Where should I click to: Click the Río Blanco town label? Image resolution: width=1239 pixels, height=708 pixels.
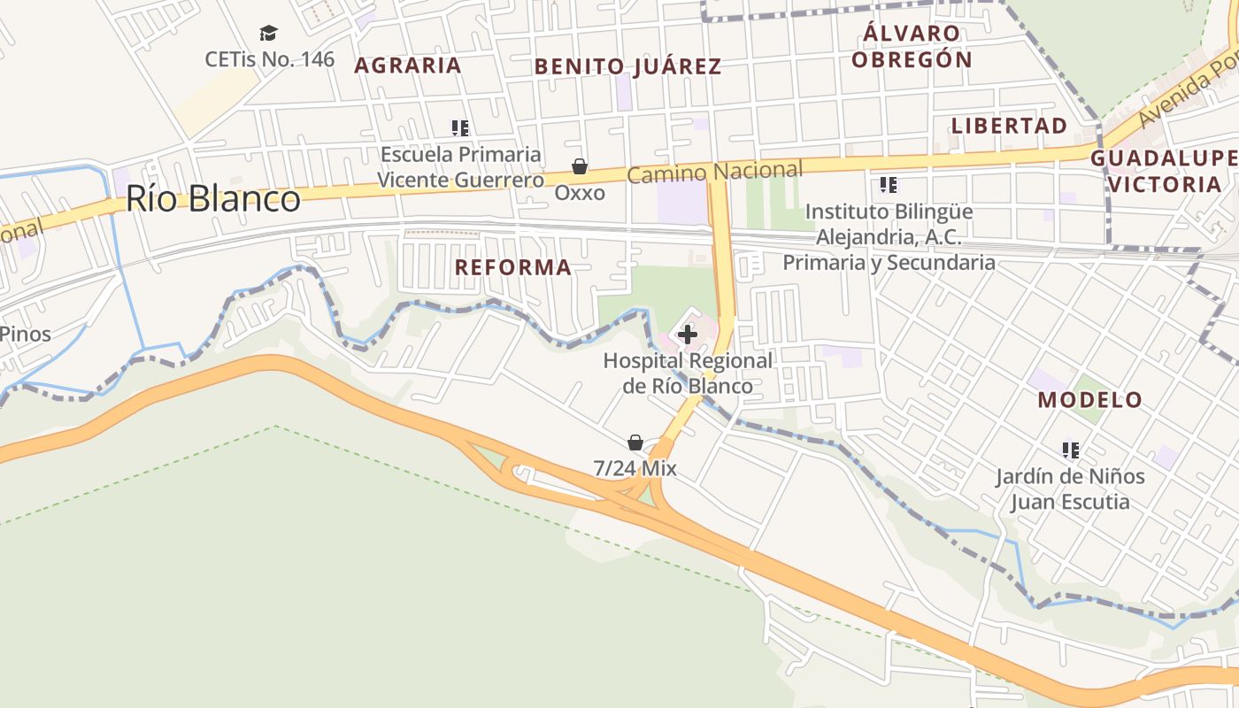click(x=212, y=199)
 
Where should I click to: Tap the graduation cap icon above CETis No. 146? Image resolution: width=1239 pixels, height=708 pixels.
click(x=268, y=34)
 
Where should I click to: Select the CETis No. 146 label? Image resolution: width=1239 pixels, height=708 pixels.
click(x=270, y=59)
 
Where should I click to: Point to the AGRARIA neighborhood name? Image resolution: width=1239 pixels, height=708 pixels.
click(x=408, y=65)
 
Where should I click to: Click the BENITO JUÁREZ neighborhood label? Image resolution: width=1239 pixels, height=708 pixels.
click(x=627, y=66)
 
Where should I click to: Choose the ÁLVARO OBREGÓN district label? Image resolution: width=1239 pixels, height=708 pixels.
click(x=917, y=47)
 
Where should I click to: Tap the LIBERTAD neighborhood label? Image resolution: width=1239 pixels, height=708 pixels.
click(x=1009, y=126)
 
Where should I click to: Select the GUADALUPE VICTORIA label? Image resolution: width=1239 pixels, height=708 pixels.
click(x=1164, y=172)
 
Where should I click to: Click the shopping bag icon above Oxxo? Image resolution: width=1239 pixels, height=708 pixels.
click(x=580, y=166)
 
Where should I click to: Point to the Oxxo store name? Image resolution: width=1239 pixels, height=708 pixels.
click(x=580, y=192)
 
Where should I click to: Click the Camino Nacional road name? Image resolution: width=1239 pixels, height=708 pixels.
click(x=715, y=171)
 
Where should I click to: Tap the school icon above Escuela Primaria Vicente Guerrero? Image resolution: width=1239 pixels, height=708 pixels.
click(x=459, y=128)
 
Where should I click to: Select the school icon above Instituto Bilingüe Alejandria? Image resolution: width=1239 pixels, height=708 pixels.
click(x=889, y=185)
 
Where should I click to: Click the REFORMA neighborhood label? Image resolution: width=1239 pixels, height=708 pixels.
click(x=513, y=267)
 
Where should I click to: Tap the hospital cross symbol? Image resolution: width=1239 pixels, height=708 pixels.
click(x=688, y=335)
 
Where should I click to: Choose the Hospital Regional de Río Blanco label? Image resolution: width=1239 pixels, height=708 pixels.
click(x=688, y=373)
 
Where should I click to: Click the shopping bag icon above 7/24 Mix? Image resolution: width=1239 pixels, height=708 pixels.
click(x=635, y=442)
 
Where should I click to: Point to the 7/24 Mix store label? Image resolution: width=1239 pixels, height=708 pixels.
click(x=635, y=468)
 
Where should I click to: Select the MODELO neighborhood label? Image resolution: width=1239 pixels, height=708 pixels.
click(x=1090, y=399)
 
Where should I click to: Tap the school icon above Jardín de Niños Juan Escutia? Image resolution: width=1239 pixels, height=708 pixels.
click(x=1071, y=450)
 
